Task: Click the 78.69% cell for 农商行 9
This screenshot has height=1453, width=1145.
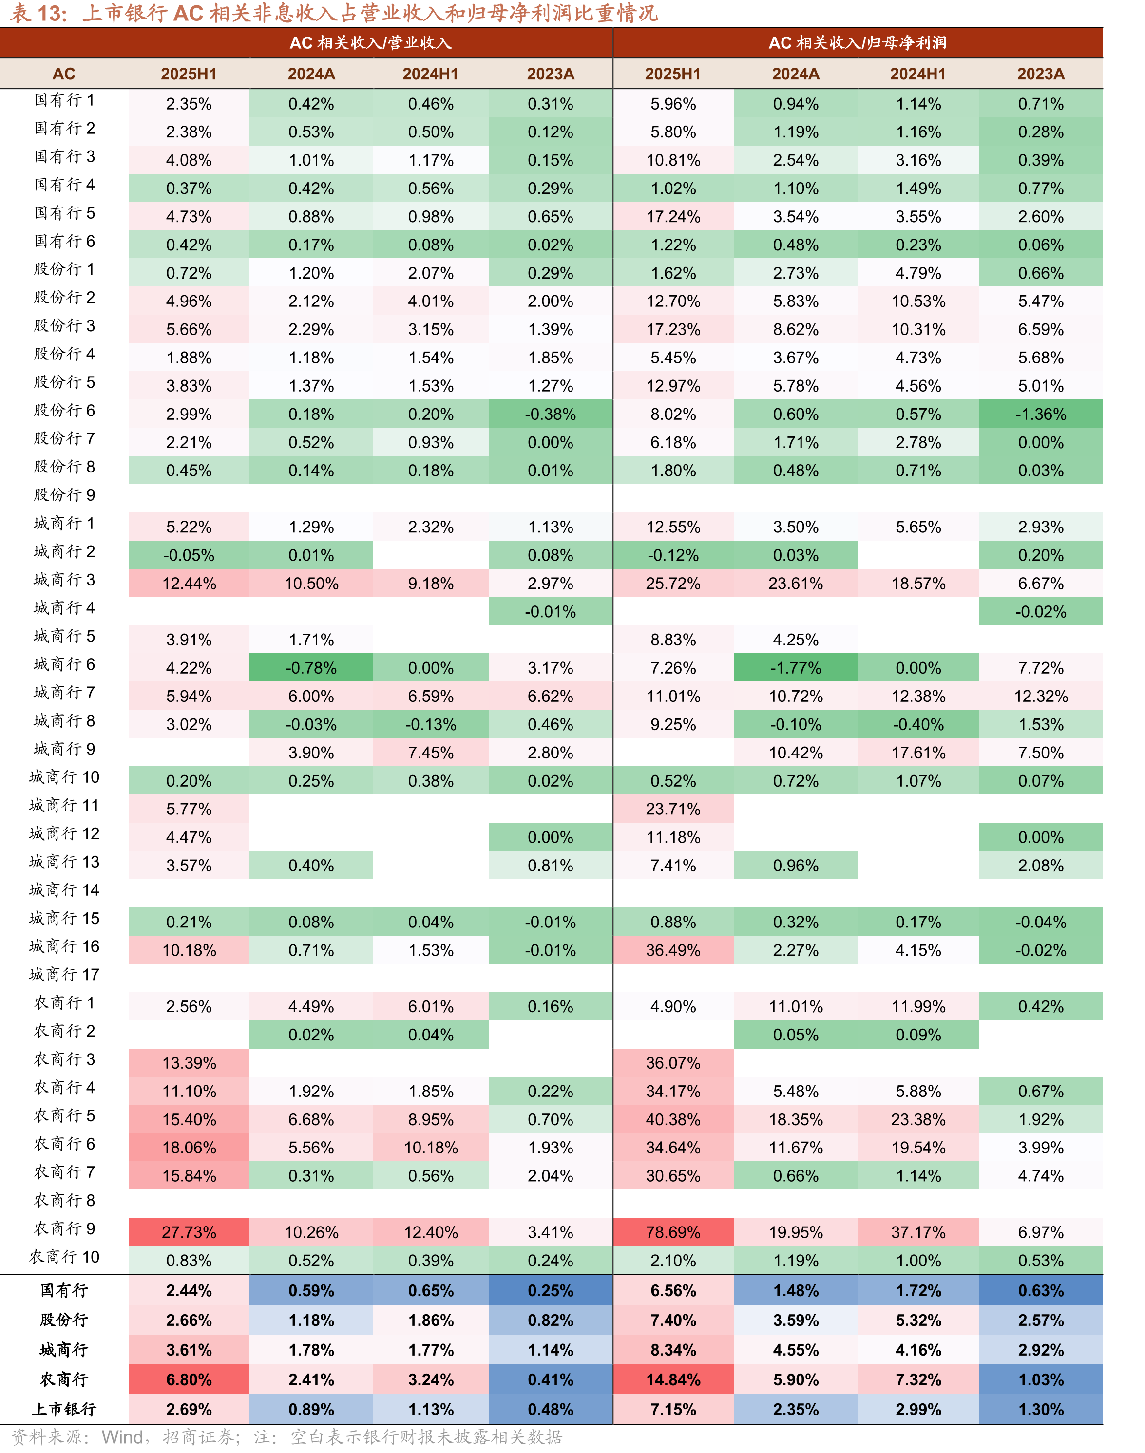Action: click(673, 1232)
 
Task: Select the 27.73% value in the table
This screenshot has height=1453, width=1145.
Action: click(189, 1232)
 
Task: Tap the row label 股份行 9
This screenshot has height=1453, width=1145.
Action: click(64, 494)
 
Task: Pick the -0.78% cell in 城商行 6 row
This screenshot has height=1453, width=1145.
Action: click(311, 667)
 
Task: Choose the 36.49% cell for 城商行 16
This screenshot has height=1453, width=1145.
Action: click(673, 950)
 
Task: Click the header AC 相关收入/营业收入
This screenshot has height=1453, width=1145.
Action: click(371, 43)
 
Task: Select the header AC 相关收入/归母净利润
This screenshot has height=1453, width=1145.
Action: click(858, 43)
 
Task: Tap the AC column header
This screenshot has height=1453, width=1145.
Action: click(64, 74)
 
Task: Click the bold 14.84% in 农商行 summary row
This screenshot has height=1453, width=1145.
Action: click(673, 1379)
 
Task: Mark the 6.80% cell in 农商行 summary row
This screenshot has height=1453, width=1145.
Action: click(189, 1379)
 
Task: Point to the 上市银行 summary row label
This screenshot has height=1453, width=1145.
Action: click(64, 1409)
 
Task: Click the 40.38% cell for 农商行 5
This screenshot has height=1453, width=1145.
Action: click(673, 1119)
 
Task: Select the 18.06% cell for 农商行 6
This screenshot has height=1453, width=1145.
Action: click(189, 1148)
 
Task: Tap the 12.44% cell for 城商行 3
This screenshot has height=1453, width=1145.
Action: click(189, 583)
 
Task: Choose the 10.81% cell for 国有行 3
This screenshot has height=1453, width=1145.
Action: click(673, 160)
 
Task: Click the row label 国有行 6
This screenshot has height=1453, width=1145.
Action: click(64, 241)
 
